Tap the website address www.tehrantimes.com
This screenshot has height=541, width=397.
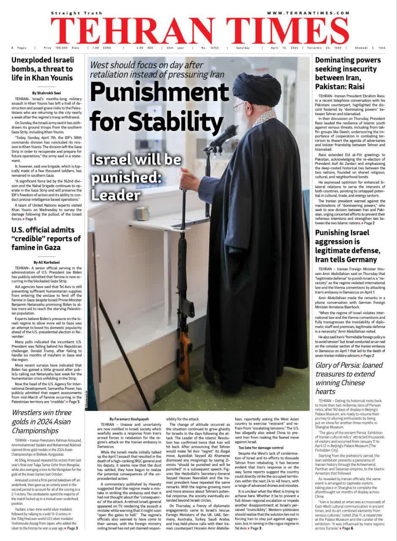308,13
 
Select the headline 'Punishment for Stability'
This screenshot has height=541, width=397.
156,106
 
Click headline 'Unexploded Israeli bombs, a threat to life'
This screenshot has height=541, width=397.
42,69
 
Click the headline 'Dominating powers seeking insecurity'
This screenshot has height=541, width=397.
348,74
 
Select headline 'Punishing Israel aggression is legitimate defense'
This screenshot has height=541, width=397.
346,246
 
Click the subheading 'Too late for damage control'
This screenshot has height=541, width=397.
261,447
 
